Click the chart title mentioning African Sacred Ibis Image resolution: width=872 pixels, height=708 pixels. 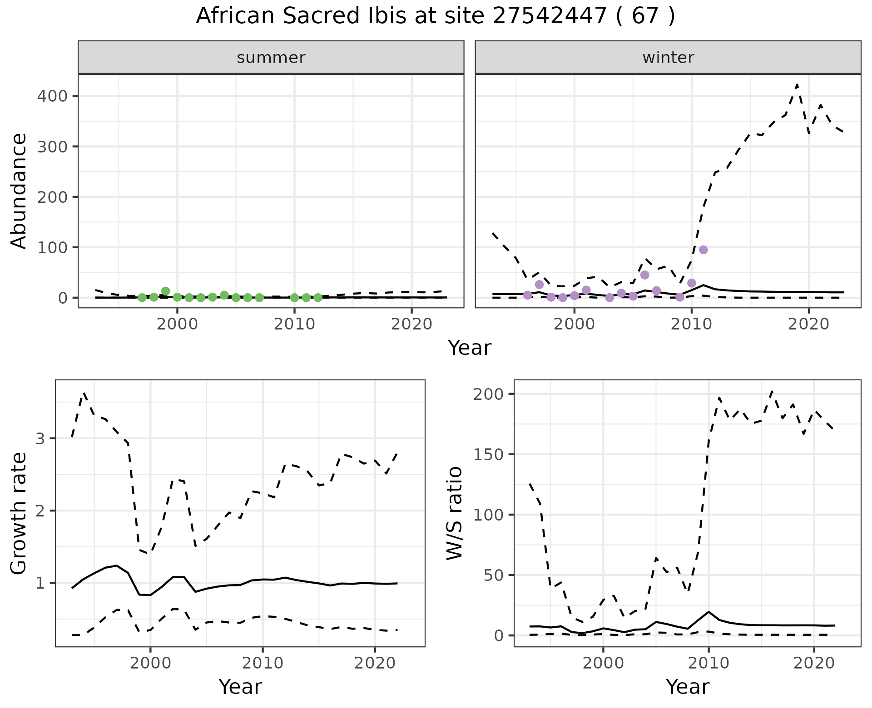coord(435,16)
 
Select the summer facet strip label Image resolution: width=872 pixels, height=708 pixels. coord(271,58)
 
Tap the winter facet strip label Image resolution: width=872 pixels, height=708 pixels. coord(668,58)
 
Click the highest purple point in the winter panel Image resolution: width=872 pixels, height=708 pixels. coord(703,250)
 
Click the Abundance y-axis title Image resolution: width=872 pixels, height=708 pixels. coord(19,191)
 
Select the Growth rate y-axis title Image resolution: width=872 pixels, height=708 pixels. coord(19,513)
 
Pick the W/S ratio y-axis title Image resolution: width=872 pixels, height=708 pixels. coord(454,513)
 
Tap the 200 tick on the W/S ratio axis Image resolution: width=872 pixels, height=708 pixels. coord(489,394)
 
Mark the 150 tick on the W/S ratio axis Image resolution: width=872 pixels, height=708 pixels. coord(489,454)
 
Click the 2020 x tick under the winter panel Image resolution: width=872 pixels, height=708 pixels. coord(808,324)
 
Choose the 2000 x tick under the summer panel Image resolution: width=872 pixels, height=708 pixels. coord(177,324)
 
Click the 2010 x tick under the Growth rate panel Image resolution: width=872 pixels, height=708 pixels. coord(263,663)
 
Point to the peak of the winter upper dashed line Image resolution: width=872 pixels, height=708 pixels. coord(797,84)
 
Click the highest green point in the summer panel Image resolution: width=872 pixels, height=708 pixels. coord(166,291)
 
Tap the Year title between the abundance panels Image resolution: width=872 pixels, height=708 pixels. coord(470,348)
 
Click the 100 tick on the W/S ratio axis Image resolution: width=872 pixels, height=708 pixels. coord(489,515)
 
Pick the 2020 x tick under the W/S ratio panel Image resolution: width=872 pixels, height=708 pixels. coord(814,663)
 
